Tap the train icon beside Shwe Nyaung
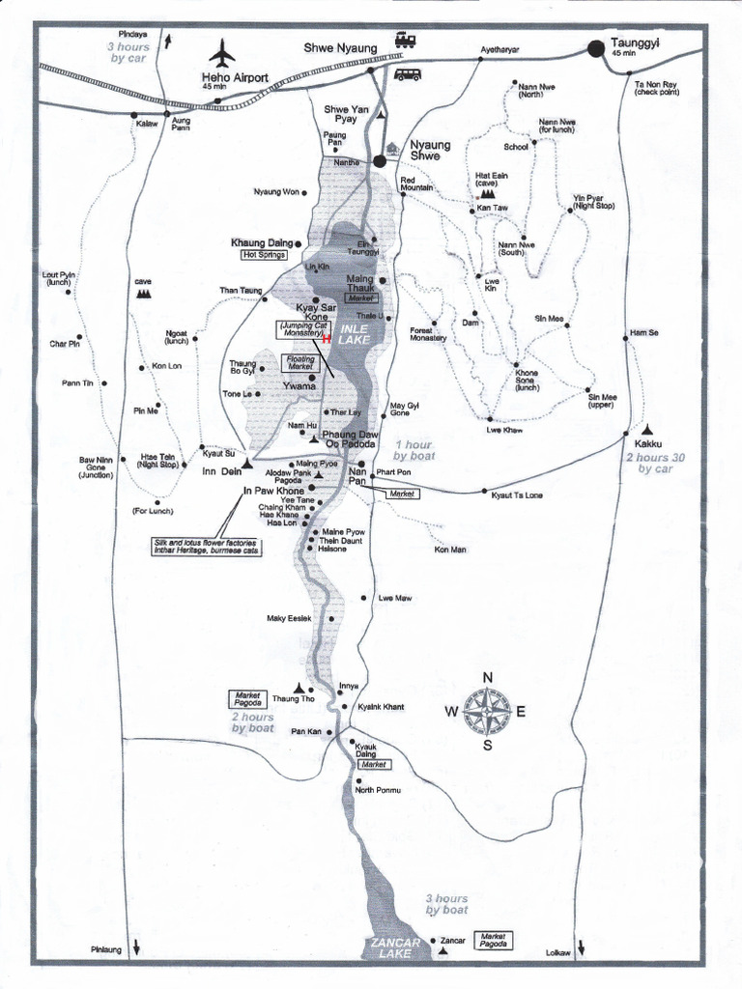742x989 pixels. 405,41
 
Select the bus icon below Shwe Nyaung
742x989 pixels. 407,74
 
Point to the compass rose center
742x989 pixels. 487,711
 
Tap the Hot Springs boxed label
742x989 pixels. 260,255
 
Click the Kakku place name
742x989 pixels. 647,446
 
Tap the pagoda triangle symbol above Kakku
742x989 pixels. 646,429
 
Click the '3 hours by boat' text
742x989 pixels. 446,904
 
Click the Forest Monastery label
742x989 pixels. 427,334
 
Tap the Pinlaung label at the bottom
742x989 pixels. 106,949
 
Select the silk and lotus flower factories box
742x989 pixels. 206,547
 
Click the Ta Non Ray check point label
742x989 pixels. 656,88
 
